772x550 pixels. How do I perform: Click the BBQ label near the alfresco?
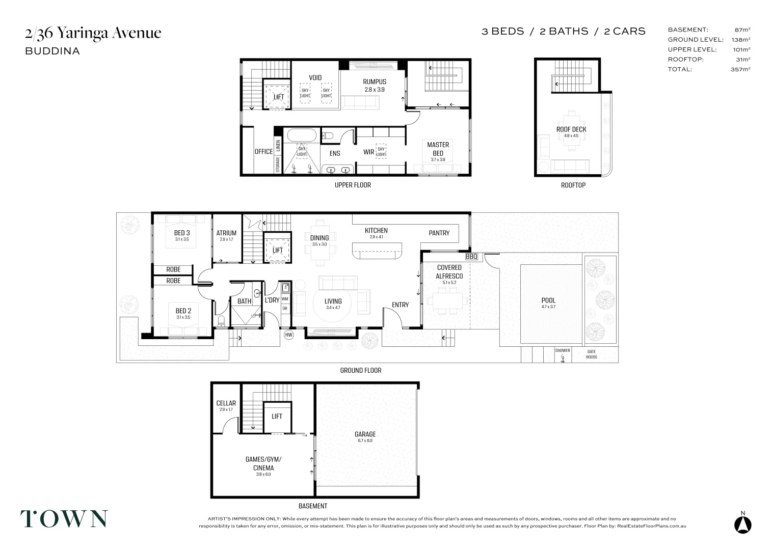(x=471, y=256)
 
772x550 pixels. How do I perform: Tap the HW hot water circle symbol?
(x=289, y=335)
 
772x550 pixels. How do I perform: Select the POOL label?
(x=548, y=300)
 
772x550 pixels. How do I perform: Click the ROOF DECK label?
(x=571, y=129)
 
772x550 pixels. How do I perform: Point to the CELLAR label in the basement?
(x=226, y=403)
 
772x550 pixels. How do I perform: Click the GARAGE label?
(x=365, y=434)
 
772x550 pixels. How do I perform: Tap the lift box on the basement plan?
(x=277, y=417)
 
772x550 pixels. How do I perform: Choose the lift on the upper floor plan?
(x=278, y=96)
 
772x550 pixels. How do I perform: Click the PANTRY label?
(x=439, y=233)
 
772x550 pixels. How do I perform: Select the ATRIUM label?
(x=226, y=233)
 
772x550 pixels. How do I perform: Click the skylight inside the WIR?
(x=381, y=151)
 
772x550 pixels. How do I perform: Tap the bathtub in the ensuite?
(x=302, y=135)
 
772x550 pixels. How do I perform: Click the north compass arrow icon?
(x=742, y=524)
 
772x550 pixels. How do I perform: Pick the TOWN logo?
(x=64, y=518)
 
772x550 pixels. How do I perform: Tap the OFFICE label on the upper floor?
(x=263, y=151)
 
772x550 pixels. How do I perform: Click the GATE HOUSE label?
(x=591, y=354)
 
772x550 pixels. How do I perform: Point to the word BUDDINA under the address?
(x=52, y=51)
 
